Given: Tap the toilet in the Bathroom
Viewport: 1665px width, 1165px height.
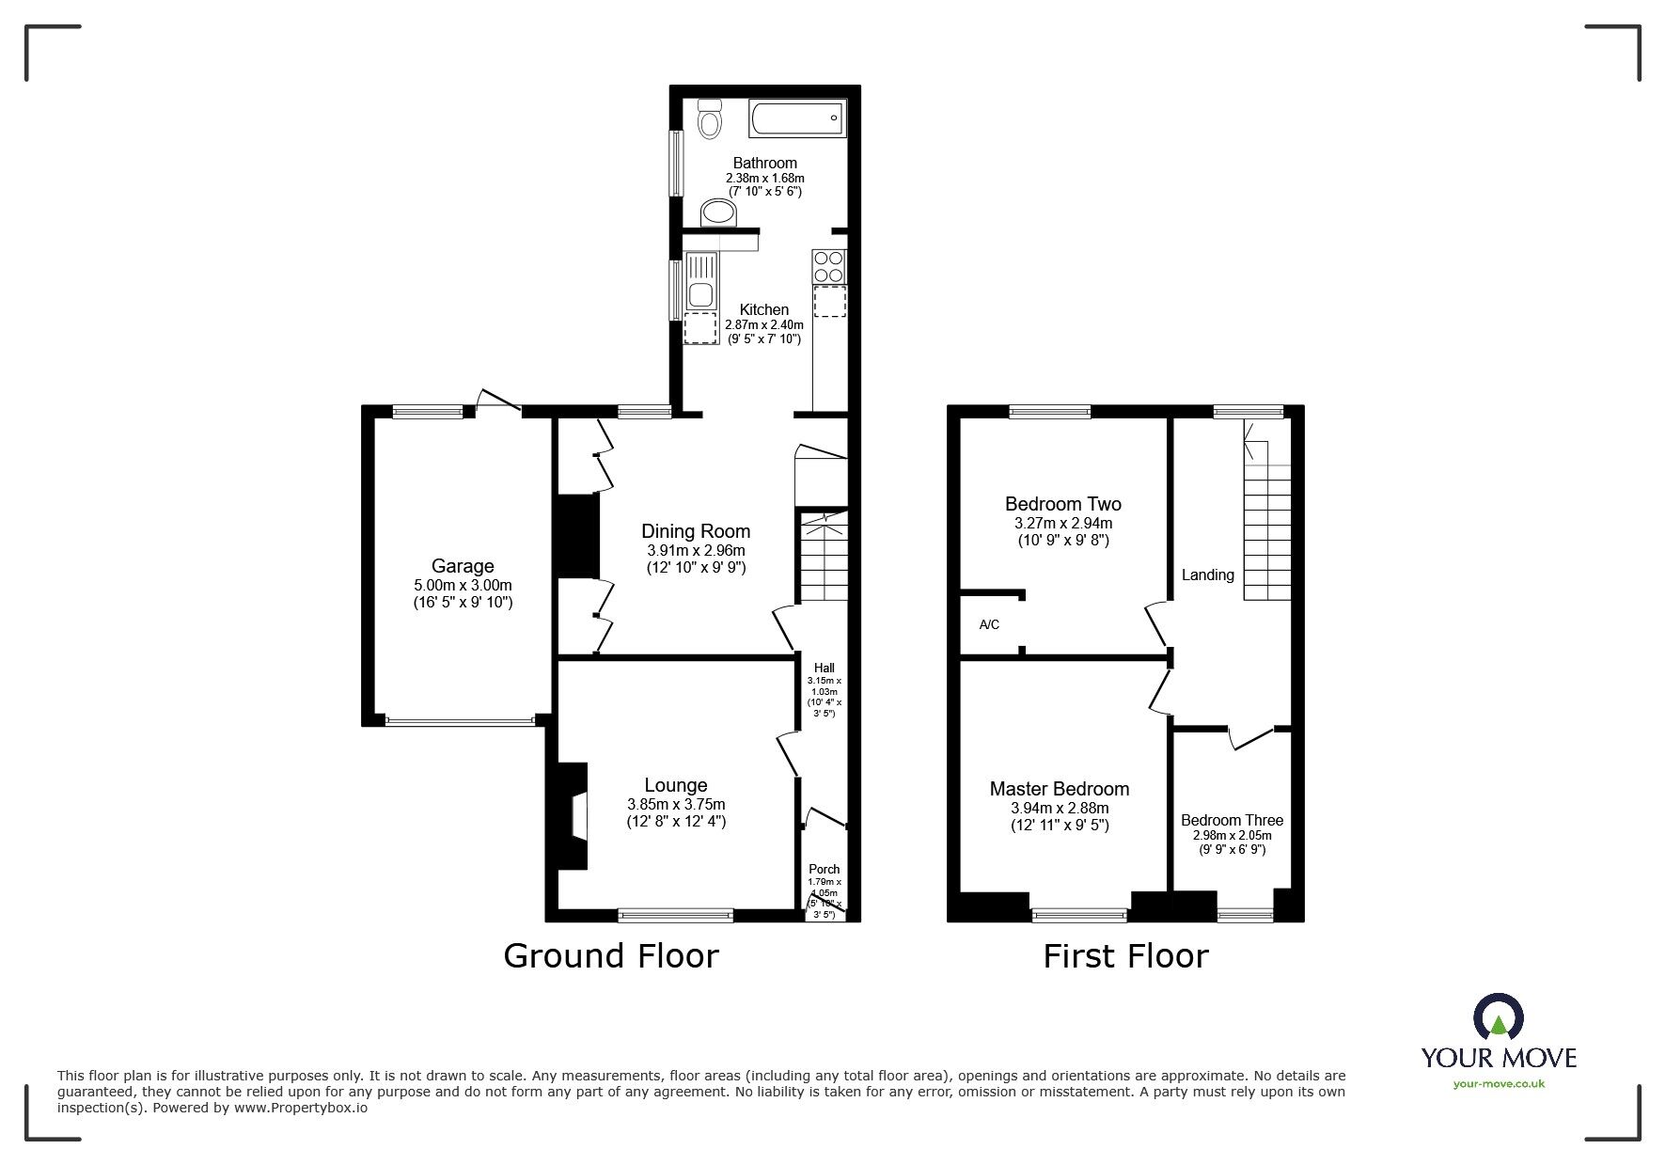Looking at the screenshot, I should [709, 120].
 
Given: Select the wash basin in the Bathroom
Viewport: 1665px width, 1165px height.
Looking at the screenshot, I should [720, 213].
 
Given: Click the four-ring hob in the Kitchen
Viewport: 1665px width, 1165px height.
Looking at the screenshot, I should [829, 266].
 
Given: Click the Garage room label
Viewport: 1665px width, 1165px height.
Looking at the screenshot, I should [463, 566].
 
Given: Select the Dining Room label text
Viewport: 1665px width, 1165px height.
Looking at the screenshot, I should [696, 531].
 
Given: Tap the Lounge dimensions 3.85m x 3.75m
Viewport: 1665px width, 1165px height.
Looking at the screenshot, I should [676, 804].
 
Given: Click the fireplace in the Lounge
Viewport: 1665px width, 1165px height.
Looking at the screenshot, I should [572, 815].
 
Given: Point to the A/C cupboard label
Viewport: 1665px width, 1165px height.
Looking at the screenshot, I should [989, 624].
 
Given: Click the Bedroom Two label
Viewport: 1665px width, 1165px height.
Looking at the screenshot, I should [1062, 504].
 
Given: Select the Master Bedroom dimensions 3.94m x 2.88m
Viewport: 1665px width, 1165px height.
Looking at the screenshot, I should [1060, 808].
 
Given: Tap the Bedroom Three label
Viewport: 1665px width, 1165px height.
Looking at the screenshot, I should [1232, 820].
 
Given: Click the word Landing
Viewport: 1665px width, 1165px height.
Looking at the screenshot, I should [1207, 575].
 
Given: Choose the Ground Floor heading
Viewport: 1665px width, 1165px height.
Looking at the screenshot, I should [611, 955].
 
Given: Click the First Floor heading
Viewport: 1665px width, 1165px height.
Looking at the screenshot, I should [1125, 955].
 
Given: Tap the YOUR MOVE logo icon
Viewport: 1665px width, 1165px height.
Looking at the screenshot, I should [1499, 1017].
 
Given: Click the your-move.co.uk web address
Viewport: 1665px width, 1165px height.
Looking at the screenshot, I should [1499, 1084].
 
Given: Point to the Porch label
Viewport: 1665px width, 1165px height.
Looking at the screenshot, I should [825, 869].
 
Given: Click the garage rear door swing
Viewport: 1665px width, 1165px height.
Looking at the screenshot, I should [497, 401].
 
